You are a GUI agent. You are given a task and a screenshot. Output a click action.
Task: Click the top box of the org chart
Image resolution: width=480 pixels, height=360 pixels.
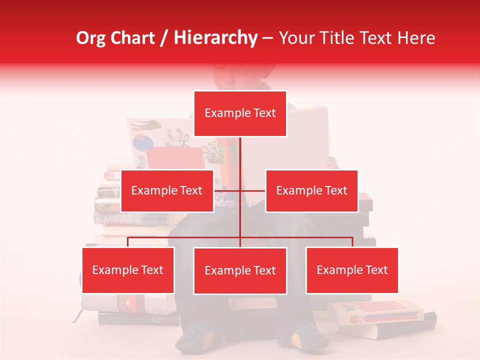pos(240,113)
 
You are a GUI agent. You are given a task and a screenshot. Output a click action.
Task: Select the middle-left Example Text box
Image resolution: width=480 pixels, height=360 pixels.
pos(167,190)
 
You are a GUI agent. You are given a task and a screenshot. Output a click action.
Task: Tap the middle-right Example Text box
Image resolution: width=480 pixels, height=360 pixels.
pos(311,190)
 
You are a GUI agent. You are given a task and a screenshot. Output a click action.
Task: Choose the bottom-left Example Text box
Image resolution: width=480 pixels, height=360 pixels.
pos(128,270)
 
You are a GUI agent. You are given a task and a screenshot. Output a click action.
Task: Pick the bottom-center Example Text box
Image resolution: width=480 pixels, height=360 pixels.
pos(240,270)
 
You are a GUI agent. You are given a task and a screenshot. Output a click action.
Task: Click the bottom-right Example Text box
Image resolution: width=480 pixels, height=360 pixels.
pos(352,270)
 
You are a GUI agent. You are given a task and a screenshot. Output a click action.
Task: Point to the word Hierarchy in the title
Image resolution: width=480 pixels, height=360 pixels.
pos(215,38)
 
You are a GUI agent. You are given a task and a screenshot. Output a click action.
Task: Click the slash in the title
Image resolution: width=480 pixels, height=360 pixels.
pos(164,38)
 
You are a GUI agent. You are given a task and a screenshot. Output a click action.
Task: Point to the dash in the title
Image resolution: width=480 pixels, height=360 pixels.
pos(267,38)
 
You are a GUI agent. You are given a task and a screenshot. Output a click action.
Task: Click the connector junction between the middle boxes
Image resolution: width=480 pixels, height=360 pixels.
pos(240,190)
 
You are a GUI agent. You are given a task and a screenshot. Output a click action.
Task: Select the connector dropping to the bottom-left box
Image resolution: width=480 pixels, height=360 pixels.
pos(128,242)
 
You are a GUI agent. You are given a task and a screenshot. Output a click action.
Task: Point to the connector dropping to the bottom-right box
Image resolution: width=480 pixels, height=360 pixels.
pos(352,242)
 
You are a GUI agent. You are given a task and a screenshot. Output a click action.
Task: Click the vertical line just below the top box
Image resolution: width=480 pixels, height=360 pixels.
pos(240,150)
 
